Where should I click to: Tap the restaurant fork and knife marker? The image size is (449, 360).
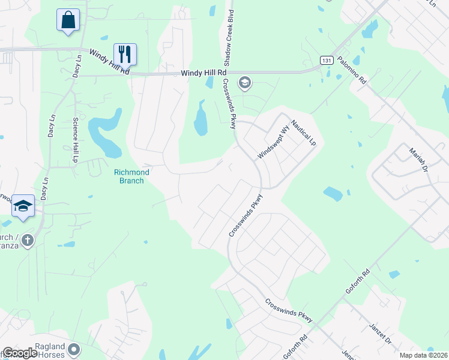[x=125, y=54]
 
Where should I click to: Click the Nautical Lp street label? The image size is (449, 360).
[x=303, y=133]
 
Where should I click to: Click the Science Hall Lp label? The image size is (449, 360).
[x=76, y=140]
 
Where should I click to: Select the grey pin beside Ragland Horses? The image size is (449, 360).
[x=74, y=349]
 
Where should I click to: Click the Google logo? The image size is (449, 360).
[x=20, y=353]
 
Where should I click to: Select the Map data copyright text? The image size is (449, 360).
[x=423, y=355]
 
